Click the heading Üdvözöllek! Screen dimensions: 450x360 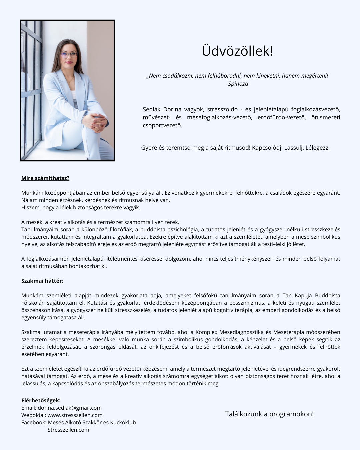[x=237, y=51]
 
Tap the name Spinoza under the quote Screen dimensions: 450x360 [x=238, y=84]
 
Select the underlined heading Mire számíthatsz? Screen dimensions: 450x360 [x=45, y=178]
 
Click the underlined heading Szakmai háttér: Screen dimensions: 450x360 [x=42, y=281]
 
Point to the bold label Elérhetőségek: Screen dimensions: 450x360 [x=41, y=400]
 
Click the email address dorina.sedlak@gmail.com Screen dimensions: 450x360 [x=70, y=408]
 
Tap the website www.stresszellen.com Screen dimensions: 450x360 [x=75, y=415]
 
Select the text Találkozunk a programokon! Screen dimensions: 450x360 [x=269, y=414]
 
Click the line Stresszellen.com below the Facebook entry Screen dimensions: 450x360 [x=68, y=430]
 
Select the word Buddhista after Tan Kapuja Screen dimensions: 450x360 [x=327, y=295]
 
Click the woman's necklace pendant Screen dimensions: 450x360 [x=70, y=82]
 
